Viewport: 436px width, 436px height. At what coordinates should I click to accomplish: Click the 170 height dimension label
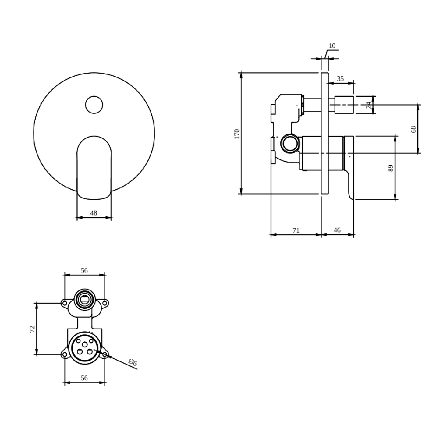coord(237,134)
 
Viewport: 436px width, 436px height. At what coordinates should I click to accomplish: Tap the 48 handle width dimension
coord(94,213)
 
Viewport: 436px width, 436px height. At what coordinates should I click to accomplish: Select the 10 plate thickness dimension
coord(332,46)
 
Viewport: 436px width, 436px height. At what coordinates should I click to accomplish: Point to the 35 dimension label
coord(341,78)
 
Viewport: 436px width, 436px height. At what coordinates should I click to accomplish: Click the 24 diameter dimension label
coord(368,105)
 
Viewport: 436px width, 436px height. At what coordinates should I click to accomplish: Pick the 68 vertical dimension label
coord(413,129)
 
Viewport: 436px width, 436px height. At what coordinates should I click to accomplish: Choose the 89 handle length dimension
coord(391,168)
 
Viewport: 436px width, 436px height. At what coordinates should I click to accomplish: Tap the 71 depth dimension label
coord(296,230)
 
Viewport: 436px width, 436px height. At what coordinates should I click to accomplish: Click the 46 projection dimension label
coord(337,230)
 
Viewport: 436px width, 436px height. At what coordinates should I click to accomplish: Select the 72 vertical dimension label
coord(33,329)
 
